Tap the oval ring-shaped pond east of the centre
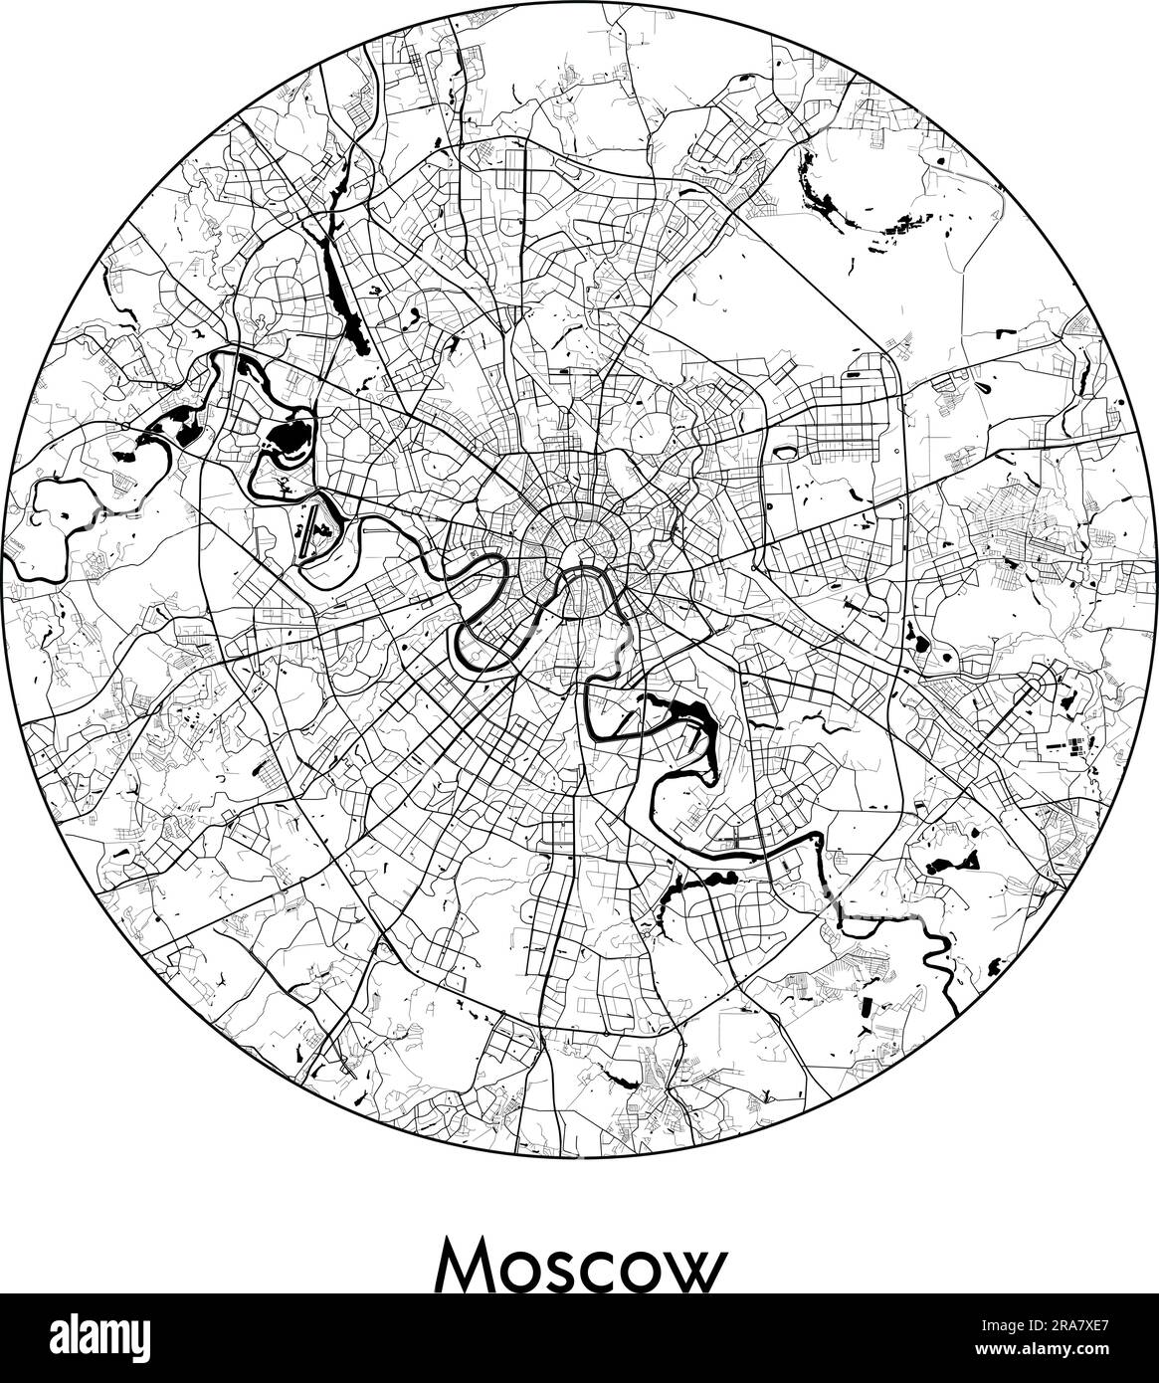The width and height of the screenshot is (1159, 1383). click(x=785, y=453)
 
